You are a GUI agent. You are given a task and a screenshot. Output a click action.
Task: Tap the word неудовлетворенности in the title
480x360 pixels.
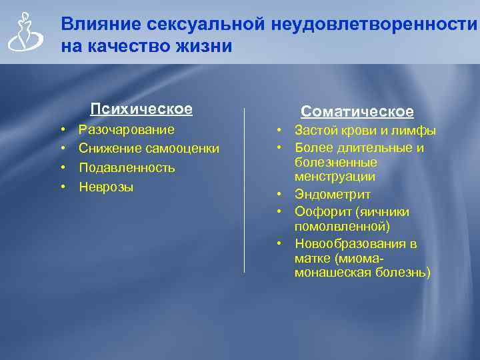point(375,25)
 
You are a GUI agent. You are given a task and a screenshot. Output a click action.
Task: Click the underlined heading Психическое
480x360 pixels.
point(141,109)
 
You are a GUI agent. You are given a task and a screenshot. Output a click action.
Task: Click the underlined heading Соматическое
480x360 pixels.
point(357,112)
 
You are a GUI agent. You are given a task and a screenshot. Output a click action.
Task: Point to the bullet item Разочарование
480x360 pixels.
point(127,129)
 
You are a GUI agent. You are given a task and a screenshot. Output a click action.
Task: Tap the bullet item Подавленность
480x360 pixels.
point(127,168)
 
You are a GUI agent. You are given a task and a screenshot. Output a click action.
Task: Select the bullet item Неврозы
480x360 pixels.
point(106,187)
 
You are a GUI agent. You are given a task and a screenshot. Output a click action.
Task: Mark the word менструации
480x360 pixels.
point(335,177)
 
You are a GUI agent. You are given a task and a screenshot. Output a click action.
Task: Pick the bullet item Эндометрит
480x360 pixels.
point(333,195)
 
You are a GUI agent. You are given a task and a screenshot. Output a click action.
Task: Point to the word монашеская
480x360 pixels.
point(329,273)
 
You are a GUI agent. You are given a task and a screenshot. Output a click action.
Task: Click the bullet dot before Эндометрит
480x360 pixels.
point(282,195)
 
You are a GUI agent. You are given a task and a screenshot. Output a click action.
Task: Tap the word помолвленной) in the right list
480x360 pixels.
point(342,227)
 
